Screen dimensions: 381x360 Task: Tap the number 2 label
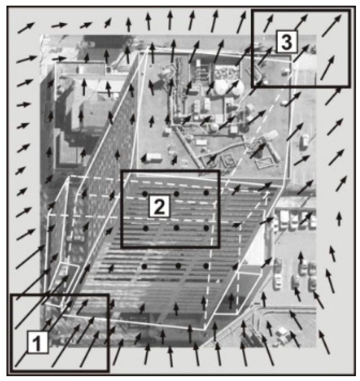pyautogui.click(x=159, y=206)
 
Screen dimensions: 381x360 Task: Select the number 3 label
pyautogui.click(x=286, y=42)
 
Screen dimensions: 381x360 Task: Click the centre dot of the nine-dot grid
pyautogui.click(x=176, y=228)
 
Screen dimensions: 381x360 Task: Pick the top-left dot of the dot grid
pyautogui.click(x=145, y=193)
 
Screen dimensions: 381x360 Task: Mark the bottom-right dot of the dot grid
pyautogui.click(x=206, y=266)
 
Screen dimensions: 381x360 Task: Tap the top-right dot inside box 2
pyautogui.click(x=206, y=193)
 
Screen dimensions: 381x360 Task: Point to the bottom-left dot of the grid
pyautogui.click(x=144, y=266)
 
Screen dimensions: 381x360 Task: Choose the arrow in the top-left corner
pyautogui.click(x=26, y=28)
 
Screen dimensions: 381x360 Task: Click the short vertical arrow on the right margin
pyautogui.click(x=339, y=218)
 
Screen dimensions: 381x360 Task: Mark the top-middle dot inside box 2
pyautogui.click(x=176, y=194)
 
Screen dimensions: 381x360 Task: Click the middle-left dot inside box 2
pyautogui.click(x=146, y=228)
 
